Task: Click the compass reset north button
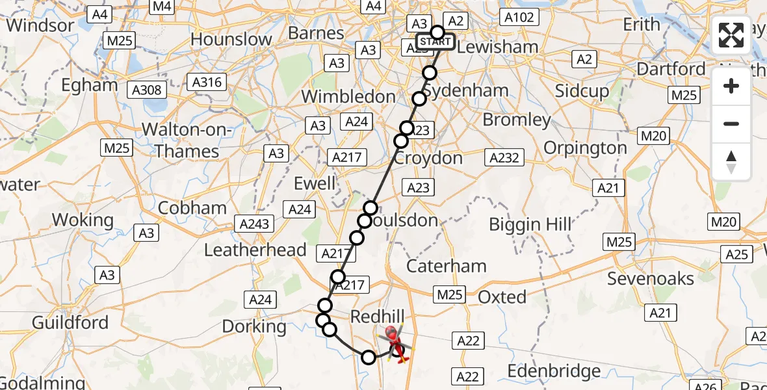pyautogui.click(x=731, y=162)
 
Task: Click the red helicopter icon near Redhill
pyautogui.click(x=393, y=339)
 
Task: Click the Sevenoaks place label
pyautogui.click(x=651, y=279)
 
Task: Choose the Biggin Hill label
pyautogui.click(x=530, y=225)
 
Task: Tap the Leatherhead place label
pyautogui.click(x=255, y=250)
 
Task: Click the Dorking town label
pyautogui.click(x=254, y=326)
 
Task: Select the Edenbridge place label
pyautogui.click(x=554, y=372)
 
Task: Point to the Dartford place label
pyautogui.click(x=671, y=69)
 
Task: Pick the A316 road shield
pyautogui.click(x=206, y=83)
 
